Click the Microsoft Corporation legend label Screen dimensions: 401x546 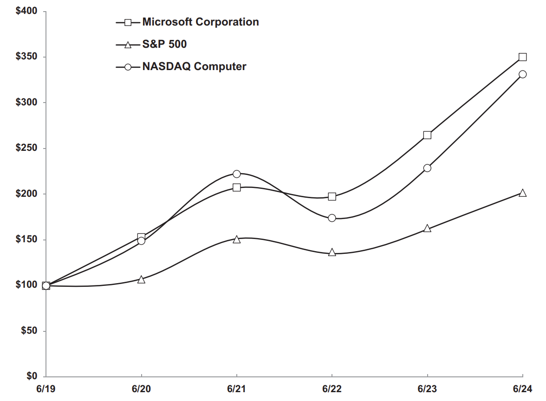201,22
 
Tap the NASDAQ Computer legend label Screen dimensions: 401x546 194,66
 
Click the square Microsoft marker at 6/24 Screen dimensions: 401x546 522,57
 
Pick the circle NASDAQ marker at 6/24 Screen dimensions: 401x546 522,74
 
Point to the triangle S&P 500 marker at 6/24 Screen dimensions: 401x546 522,193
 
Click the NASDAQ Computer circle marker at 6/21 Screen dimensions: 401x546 236,174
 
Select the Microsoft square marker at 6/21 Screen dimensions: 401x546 236,188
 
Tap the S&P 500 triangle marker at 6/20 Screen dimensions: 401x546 141,280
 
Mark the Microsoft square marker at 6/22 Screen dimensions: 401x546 332,196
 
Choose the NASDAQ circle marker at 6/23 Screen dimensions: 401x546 427,168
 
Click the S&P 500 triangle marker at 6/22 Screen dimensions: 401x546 332,252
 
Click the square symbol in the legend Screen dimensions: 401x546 129,22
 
